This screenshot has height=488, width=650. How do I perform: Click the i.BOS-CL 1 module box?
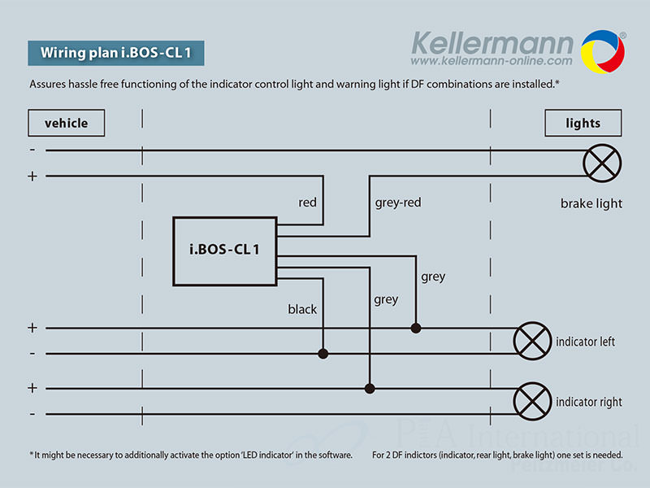[225, 251]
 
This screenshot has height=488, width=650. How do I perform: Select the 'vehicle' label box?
[67, 124]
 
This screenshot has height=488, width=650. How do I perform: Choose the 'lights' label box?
[583, 124]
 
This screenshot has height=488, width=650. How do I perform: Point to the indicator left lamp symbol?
[533, 341]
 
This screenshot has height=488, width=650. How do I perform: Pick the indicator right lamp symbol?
[533, 401]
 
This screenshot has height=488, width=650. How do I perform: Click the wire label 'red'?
[307, 202]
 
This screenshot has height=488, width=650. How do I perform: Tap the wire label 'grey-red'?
[398, 202]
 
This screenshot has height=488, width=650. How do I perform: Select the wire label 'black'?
[302, 309]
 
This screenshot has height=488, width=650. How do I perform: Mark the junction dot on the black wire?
[323, 354]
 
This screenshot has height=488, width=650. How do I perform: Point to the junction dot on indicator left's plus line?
[416, 328]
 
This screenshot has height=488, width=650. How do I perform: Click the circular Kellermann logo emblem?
[602, 50]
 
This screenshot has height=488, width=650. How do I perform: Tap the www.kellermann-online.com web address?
[492, 61]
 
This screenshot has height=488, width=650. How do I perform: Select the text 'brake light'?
[591, 203]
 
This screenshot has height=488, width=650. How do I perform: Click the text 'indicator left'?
[585, 342]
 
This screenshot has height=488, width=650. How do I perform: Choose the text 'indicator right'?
[589, 402]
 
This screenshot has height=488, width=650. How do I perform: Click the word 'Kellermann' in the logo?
[492, 41]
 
